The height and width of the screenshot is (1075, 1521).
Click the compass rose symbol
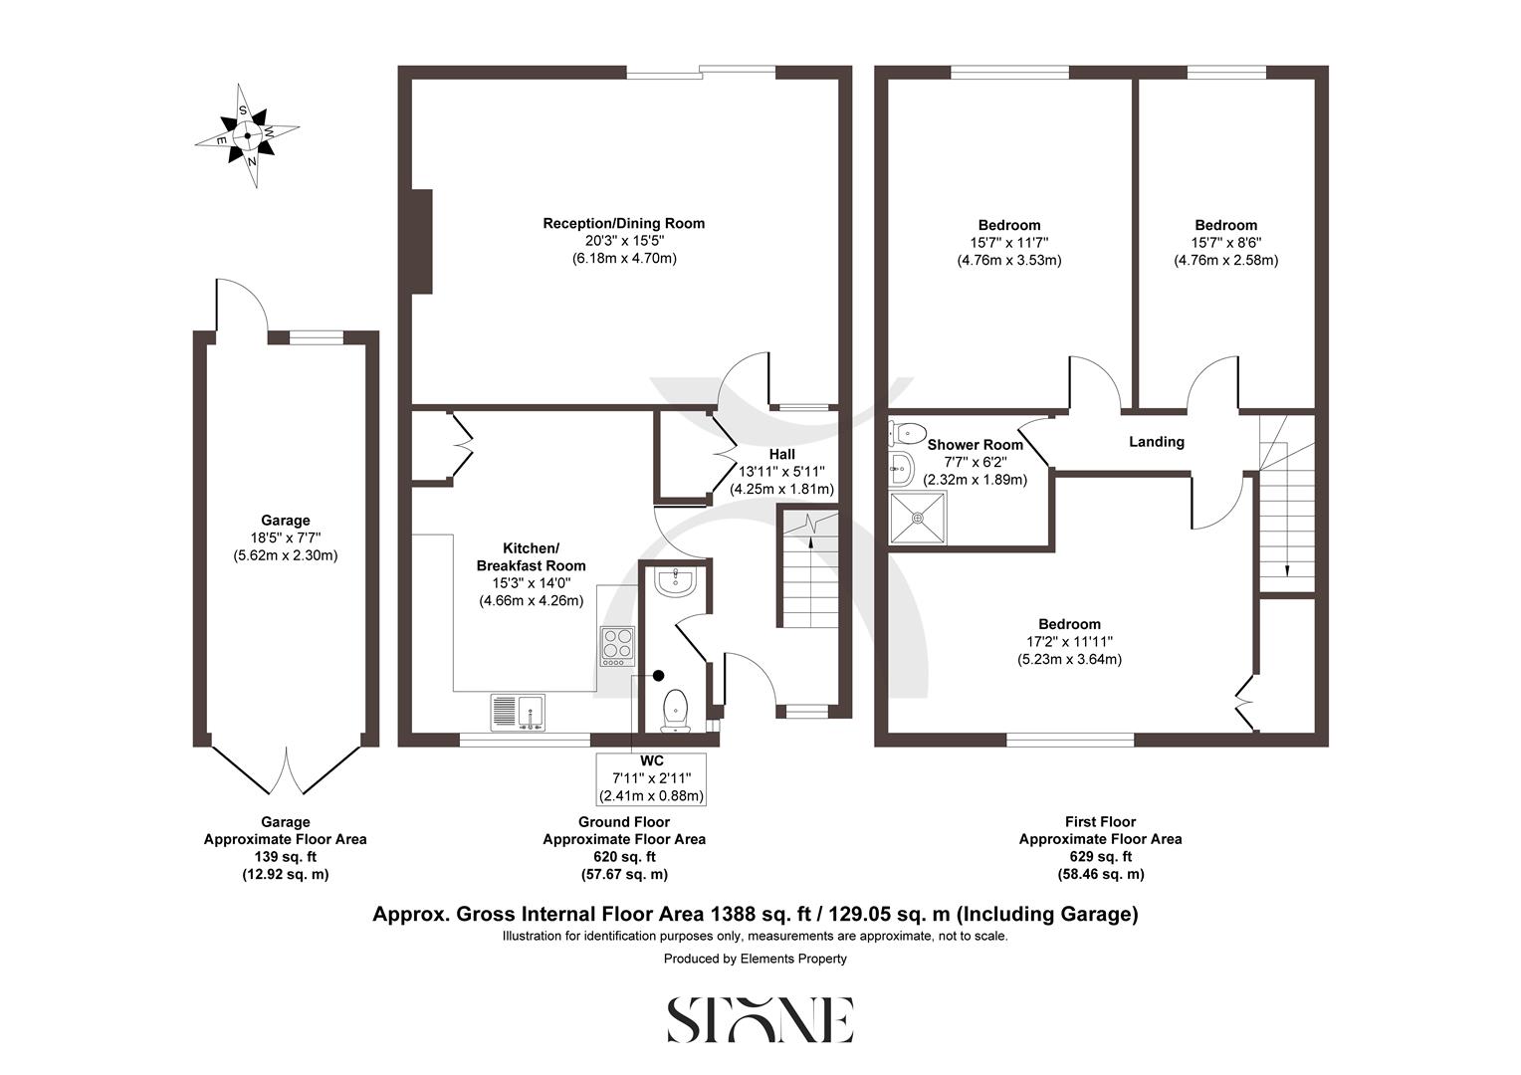[x=247, y=135]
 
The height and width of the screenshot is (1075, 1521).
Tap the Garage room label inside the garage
[x=285, y=521]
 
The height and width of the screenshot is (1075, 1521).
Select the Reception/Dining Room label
[x=623, y=223]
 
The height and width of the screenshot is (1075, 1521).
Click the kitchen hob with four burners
[x=616, y=646]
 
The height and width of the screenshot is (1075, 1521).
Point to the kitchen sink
[x=518, y=712]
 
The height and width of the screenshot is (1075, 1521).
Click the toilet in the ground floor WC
[x=676, y=709]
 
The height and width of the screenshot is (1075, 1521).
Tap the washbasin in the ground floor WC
[x=677, y=581]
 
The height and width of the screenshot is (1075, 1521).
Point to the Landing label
[x=1156, y=442]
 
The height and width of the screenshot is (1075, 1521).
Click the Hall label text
[x=781, y=454]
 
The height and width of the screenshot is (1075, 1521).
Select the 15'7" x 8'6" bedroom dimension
[x=1225, y=243]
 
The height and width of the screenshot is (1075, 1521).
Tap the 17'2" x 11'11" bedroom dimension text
[x=1069, y=642]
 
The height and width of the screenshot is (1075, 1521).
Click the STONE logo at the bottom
[x=760, y=1019]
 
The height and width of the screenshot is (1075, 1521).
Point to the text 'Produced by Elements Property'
[x=756, y=959]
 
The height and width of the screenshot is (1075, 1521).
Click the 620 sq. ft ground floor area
[x=623, y=857]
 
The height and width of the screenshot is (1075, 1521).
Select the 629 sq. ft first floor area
[x=1100, y=857]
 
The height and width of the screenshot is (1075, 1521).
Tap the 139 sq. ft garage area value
[x=285, y=857]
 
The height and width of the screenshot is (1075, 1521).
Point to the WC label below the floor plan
[x=651, y=761]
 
